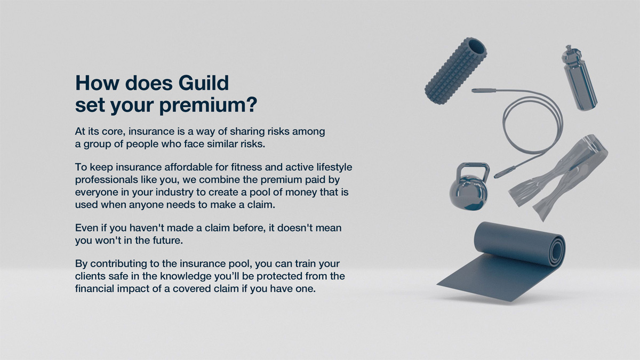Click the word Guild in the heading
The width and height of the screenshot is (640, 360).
click(203, 83)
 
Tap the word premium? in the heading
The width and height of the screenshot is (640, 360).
click(209, 106)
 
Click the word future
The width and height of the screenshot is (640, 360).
click(170, 241)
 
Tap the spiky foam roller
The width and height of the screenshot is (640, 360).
click(455, 70)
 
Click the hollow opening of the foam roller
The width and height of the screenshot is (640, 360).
click(477, 47)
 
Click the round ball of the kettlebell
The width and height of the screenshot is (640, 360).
click(469, 193)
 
